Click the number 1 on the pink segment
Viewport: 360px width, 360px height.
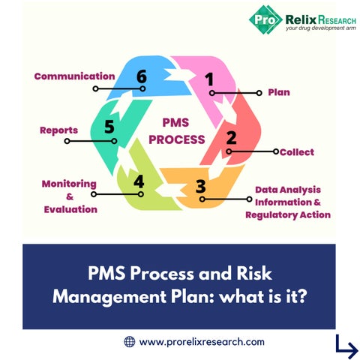209,79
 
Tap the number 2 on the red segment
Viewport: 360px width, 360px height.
231,138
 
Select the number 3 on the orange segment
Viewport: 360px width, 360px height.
201,186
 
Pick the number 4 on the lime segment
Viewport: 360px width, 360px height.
139,181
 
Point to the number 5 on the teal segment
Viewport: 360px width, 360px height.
109,127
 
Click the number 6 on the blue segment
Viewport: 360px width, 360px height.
142,76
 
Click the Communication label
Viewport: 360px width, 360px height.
74,76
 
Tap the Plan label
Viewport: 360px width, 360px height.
279,92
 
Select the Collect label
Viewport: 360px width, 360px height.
297,152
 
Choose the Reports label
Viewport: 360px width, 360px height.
58,130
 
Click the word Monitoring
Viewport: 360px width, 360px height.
69,184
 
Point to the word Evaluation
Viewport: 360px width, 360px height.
70,209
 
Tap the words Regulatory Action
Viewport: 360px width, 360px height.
288,214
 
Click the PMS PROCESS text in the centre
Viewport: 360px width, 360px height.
177,131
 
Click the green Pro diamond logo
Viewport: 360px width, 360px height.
265,19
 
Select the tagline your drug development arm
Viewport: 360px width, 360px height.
321,28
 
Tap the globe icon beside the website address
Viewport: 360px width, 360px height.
130,341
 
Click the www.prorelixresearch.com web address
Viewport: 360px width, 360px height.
202,342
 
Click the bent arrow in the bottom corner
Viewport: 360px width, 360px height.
346,347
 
